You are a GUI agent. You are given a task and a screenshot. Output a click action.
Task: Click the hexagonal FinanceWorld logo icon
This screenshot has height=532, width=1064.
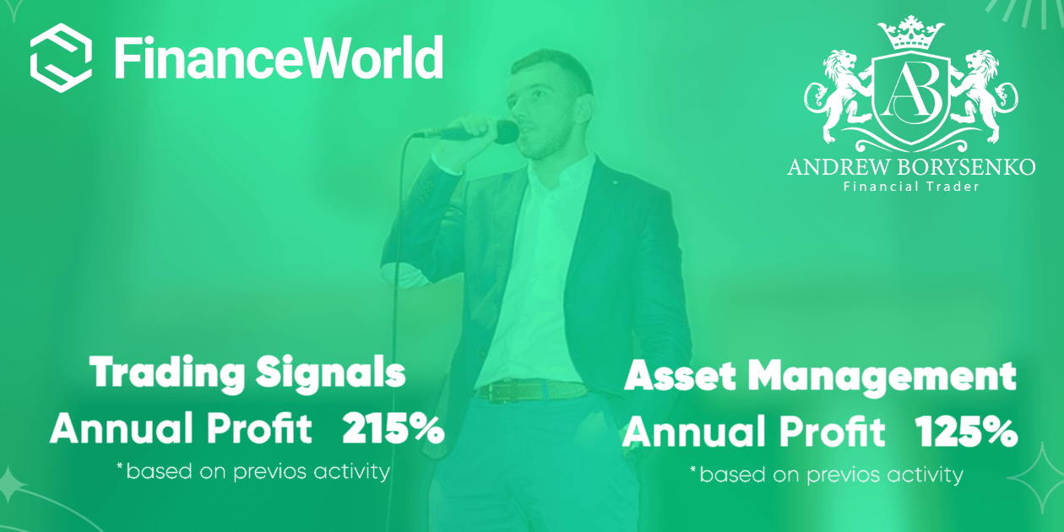click(61, 57)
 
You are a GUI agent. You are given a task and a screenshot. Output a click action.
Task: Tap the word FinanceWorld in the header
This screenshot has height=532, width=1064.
click(278, 57)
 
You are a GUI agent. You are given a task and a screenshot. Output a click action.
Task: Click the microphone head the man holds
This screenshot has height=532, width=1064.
click(505, 132)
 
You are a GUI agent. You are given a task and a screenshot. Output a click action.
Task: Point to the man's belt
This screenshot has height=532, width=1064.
click(531, 391)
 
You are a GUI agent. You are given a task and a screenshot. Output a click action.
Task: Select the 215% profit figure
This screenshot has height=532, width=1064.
click(394, 430)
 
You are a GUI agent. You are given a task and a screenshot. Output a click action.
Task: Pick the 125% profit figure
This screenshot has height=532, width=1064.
click(966, 432)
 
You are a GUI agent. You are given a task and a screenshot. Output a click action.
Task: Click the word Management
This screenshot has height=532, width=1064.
click(882, 377)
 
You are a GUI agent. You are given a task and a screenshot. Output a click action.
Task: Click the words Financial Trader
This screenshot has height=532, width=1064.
click(911, 187)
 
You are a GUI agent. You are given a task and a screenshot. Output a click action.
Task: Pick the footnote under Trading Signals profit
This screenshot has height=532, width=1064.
click(252, 471)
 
